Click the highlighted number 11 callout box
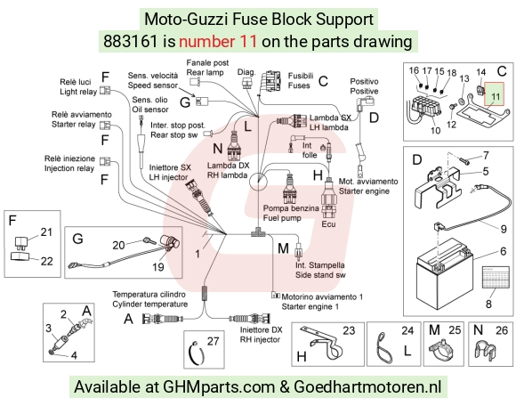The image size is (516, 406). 495,93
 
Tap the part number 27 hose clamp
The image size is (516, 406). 196,353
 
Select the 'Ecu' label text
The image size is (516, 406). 328,223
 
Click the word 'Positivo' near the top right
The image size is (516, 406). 364,81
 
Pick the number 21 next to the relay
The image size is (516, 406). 46,231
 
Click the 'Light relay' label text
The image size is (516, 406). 78,92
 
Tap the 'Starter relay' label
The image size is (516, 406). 73,125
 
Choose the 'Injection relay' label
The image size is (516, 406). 69,168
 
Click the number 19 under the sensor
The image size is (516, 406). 158,267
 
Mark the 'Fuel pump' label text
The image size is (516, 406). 282,218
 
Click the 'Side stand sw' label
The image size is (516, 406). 320,275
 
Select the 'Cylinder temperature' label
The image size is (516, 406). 150,304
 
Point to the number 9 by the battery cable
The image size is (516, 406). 504,229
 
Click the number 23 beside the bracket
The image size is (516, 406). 349,330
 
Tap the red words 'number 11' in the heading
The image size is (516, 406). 218,42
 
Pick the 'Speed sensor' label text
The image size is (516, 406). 153,85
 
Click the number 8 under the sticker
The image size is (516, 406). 488,304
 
